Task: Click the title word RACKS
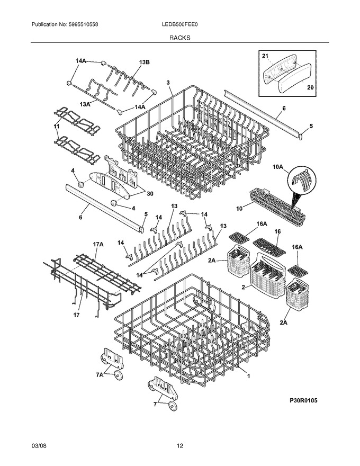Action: pos(180,38)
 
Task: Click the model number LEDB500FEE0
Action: pos(179,25)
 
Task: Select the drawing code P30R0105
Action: pos(303,400)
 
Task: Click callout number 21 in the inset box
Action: pos(265,56)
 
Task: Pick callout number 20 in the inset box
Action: pos(310,87)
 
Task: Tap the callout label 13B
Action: pos(144,62)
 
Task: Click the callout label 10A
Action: pos(278,167)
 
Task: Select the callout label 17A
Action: pos(98,244)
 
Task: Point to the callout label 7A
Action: pos(100,375)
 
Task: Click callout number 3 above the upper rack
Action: pos(168,82)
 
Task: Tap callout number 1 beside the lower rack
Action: pos(248,376)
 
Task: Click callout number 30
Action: pos(150,194)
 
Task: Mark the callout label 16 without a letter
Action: pos(278,231)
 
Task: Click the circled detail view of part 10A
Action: pos(302,181)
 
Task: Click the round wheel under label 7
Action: pos(172,406)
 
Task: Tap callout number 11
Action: pos(57,127)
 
